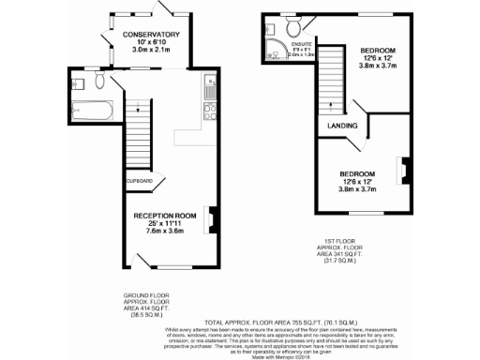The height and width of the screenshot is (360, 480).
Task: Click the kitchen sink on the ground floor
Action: coord(208,91)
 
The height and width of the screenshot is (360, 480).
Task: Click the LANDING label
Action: coord(341,124)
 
